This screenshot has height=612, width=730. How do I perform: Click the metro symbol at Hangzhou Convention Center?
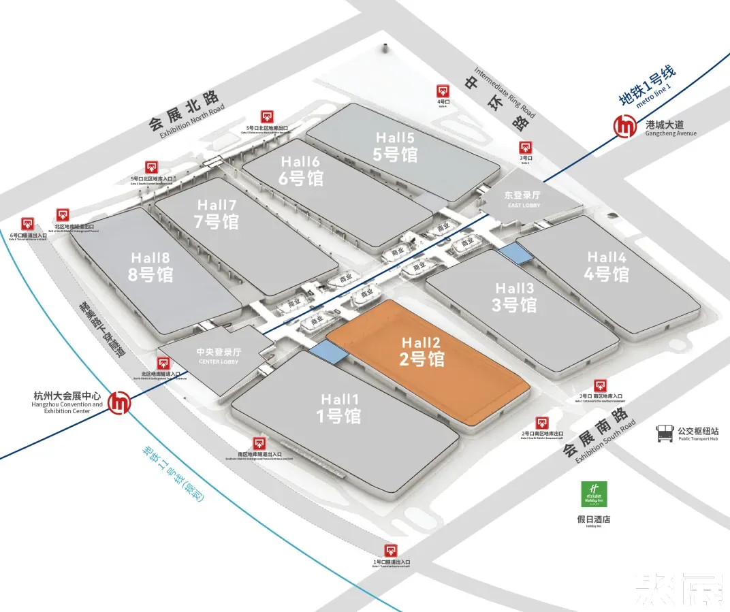[122, 402]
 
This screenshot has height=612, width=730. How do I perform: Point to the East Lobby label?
[523, 199]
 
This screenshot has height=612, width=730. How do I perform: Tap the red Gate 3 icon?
[525, 148]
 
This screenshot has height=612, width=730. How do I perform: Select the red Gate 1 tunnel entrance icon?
[391, 551]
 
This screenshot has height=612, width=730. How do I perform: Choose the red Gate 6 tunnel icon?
[28, 223]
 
